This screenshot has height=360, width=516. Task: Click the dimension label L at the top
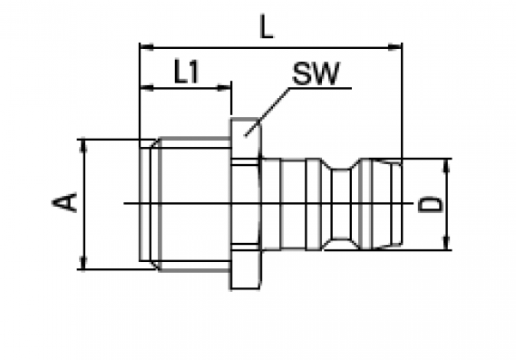pos(267,26)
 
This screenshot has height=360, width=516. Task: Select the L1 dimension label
pos(186,71)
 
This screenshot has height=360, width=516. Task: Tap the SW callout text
pos(316,73)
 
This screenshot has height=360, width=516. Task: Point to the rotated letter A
pos(64,202)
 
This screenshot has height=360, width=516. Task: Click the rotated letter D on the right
pos(431,204)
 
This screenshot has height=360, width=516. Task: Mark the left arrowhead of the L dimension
pos(146,47)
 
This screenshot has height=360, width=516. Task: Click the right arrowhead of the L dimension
pos(394,47)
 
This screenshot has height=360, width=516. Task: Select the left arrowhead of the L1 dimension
pos(147,88)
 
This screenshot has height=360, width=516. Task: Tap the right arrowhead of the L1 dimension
pos(224,88)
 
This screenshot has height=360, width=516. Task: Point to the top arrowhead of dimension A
pos(83,146)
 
